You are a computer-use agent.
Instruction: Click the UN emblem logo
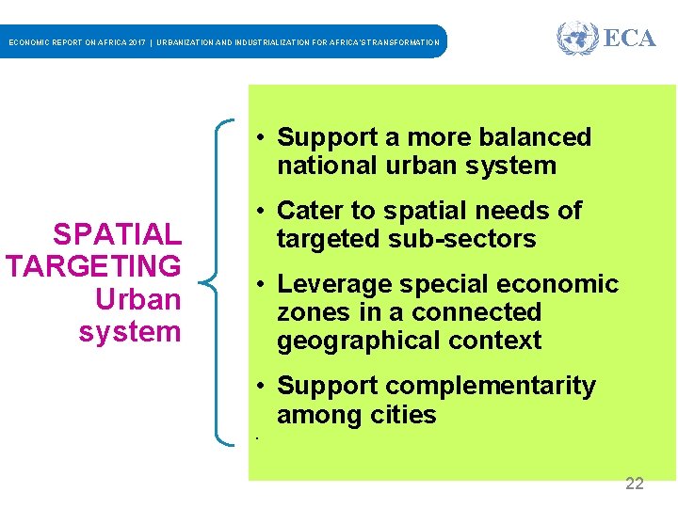tap(576, 39)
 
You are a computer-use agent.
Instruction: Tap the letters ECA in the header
tap(629, 39)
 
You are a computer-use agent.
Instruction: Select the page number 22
tap(635, 484)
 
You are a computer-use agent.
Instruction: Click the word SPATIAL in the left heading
tap(117, 234)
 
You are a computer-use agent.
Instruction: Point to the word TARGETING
tap(93, 266)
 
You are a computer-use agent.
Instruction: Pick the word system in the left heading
tap(130, 331)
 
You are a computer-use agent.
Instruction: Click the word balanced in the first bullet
tap(535, 137)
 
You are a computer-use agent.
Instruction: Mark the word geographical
tap(349, 341)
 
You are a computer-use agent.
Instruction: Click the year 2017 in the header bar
tap(133, 42)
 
